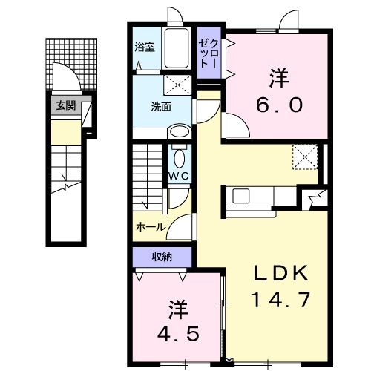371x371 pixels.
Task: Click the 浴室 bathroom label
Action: pyautogui.click(x=144, y=47)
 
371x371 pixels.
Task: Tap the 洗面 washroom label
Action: pyautogui.click(x=161, y=106)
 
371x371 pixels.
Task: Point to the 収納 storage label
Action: pyautogui.click(x=163, y=257)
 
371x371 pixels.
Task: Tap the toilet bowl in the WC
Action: pyautogui.click(x=179, y=157)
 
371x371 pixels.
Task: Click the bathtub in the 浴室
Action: pyautogui.click(x=177, y=50)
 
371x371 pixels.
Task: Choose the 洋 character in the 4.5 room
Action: pyautogui.click(x=177, y=306)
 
